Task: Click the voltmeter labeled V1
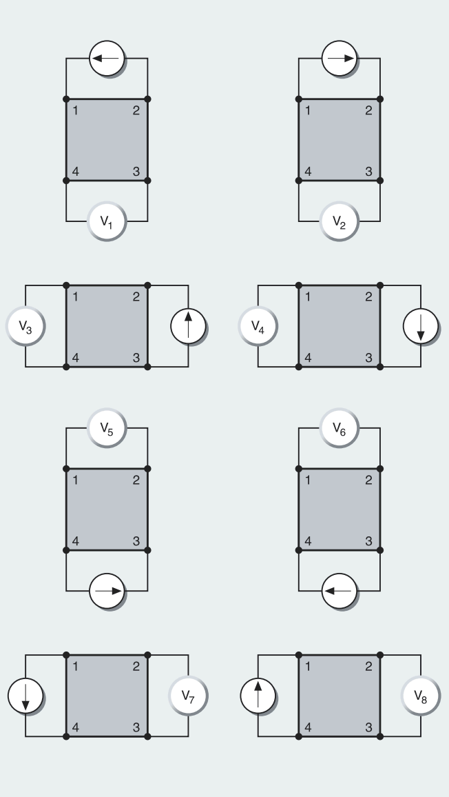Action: (x=107, y=221)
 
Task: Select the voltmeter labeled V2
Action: (x=340, y=221)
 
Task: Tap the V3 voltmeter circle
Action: (x=25, y=326)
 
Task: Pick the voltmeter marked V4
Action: (x=258, y=326)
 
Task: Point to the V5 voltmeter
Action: (x=107, y=428)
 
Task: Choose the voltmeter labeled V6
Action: (x=340, y=428)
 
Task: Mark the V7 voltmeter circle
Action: (x=188, y=696)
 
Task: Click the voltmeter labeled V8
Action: (x=421, y=696)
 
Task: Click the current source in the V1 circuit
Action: (x=107, y=59)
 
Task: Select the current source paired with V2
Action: (x=340, y=59)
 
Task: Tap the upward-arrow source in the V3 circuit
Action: (x=189, y=326)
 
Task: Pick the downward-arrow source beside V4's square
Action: (x=421, y=326)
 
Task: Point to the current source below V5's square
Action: (x=107, y=591)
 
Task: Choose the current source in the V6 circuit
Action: (x=340, y=591)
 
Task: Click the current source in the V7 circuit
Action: (x=26, y=696)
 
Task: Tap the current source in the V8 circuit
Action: (x=258, y=696)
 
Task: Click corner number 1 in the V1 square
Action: (x=76, y=110)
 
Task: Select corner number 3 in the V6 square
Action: (x=368, y=541)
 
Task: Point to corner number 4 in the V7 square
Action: (x=76, y=728)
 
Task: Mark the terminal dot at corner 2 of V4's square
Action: (x=380, y=285)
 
